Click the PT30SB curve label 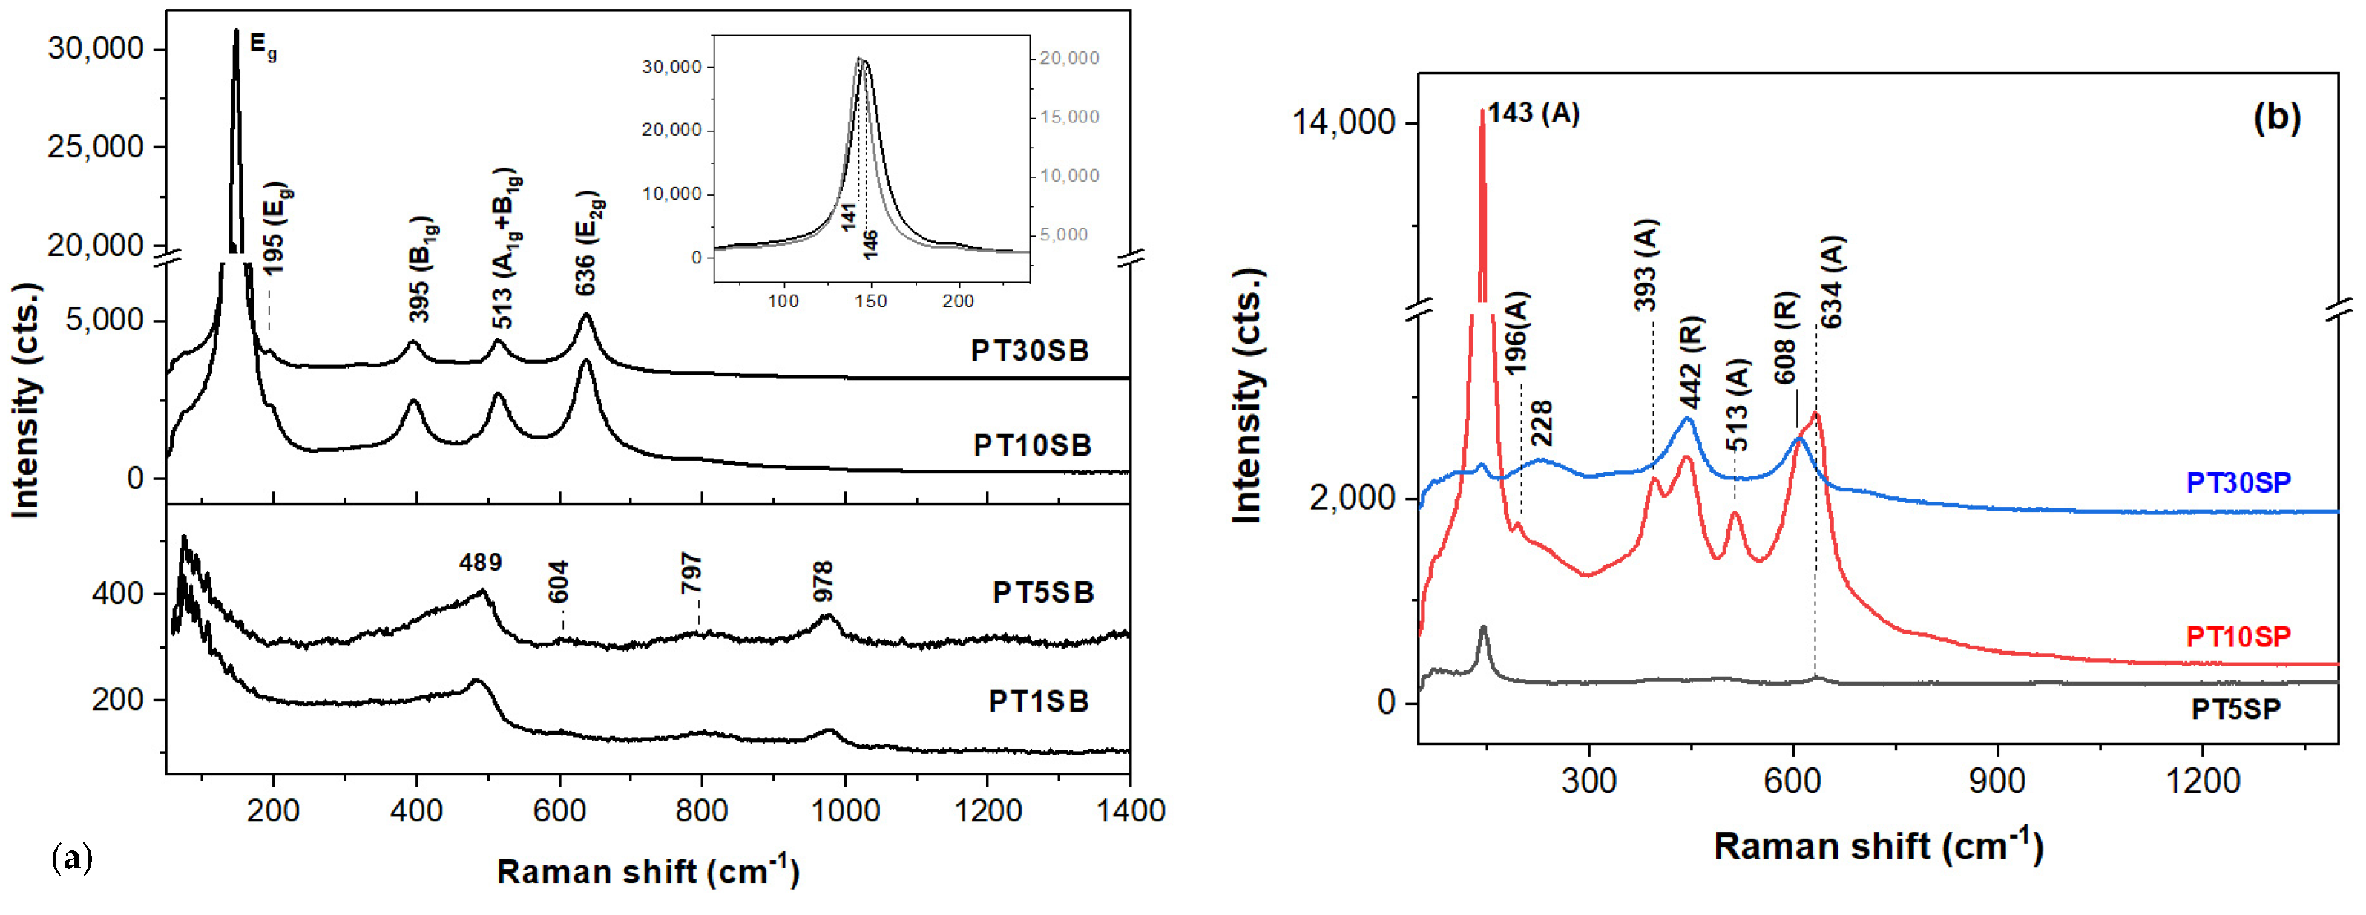[x=1030, y=351]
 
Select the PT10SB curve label [x=1032, y=445]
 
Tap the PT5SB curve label [x=1043, y=592]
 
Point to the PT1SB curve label [x=1039, y=701]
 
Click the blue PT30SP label [x=2238, y=482]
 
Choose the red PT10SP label [x=2238, y=637]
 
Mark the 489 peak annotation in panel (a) [x=480, y=563]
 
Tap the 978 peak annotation [x=823, y=582]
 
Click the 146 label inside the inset [x=870, y=243]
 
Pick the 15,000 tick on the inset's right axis [x=1069, y=117]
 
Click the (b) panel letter [x=2277, y=117]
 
